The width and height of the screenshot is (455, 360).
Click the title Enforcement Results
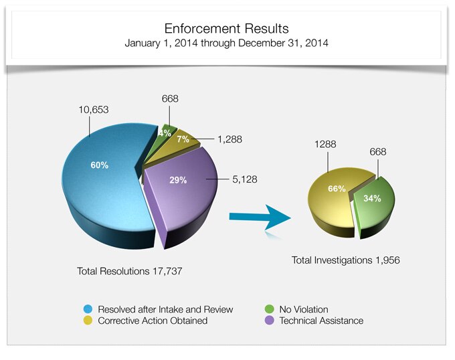227,29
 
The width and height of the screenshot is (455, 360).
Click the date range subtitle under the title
227,43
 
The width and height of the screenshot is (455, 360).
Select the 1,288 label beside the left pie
230,139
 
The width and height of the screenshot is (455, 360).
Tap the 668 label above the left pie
170,99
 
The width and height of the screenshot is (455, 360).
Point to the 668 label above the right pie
378,152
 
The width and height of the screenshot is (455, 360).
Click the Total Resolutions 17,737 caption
130,272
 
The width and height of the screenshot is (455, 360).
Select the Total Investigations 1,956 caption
346,260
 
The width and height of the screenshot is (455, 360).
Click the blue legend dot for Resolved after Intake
88,309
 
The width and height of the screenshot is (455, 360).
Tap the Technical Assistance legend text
321,321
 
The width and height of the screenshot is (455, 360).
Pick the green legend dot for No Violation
269,309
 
